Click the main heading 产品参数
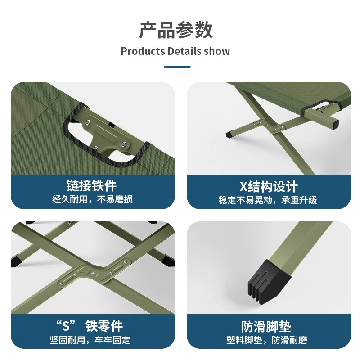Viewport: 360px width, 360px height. [x=176, y=30]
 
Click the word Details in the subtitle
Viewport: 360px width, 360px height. [x=181, y=51]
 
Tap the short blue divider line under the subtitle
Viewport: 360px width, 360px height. [x=177, y=67]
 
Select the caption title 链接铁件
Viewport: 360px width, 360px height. [x=91, y=186]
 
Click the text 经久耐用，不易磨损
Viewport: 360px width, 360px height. [x=92, y=199]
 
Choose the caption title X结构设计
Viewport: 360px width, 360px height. [x=269, y=186]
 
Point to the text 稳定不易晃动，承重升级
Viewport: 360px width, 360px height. [x=268, y=200]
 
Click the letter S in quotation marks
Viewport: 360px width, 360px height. [x=66, y=326]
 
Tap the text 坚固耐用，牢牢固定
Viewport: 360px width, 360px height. [x=90, y=340]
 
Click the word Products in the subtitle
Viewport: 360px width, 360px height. [x=143, y=51]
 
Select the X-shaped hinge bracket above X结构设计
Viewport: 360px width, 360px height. [x=268, y=126]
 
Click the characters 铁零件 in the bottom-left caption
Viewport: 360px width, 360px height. [x=104, y=326]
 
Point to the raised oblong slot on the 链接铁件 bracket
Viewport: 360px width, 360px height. [x=106, y=131]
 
